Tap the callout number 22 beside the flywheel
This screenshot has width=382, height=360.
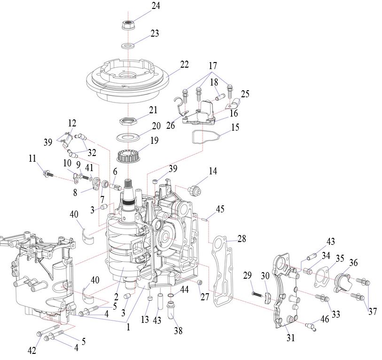point(184,64)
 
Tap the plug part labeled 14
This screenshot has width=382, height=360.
point(193,190)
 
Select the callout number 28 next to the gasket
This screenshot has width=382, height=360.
point(242,239)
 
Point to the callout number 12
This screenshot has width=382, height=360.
point(71,123)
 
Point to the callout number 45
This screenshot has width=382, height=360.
point(220,209)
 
